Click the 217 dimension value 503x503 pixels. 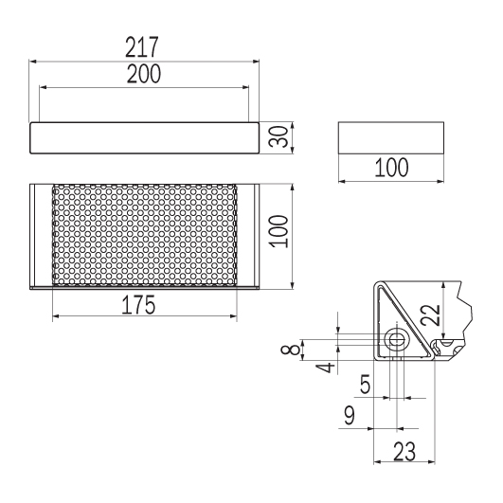pos(142,47)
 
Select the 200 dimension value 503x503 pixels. pos(144,74)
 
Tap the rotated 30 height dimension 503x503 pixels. pos(278,137)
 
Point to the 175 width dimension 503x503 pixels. pos(138,305)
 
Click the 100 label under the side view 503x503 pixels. pos(391,168)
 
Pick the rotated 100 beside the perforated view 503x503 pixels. pos(279,231)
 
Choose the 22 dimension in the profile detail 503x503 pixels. pos(430,315)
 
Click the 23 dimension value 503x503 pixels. pos(404,451)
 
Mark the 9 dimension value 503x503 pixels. pos(349,415)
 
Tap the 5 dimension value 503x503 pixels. pos(365,384)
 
